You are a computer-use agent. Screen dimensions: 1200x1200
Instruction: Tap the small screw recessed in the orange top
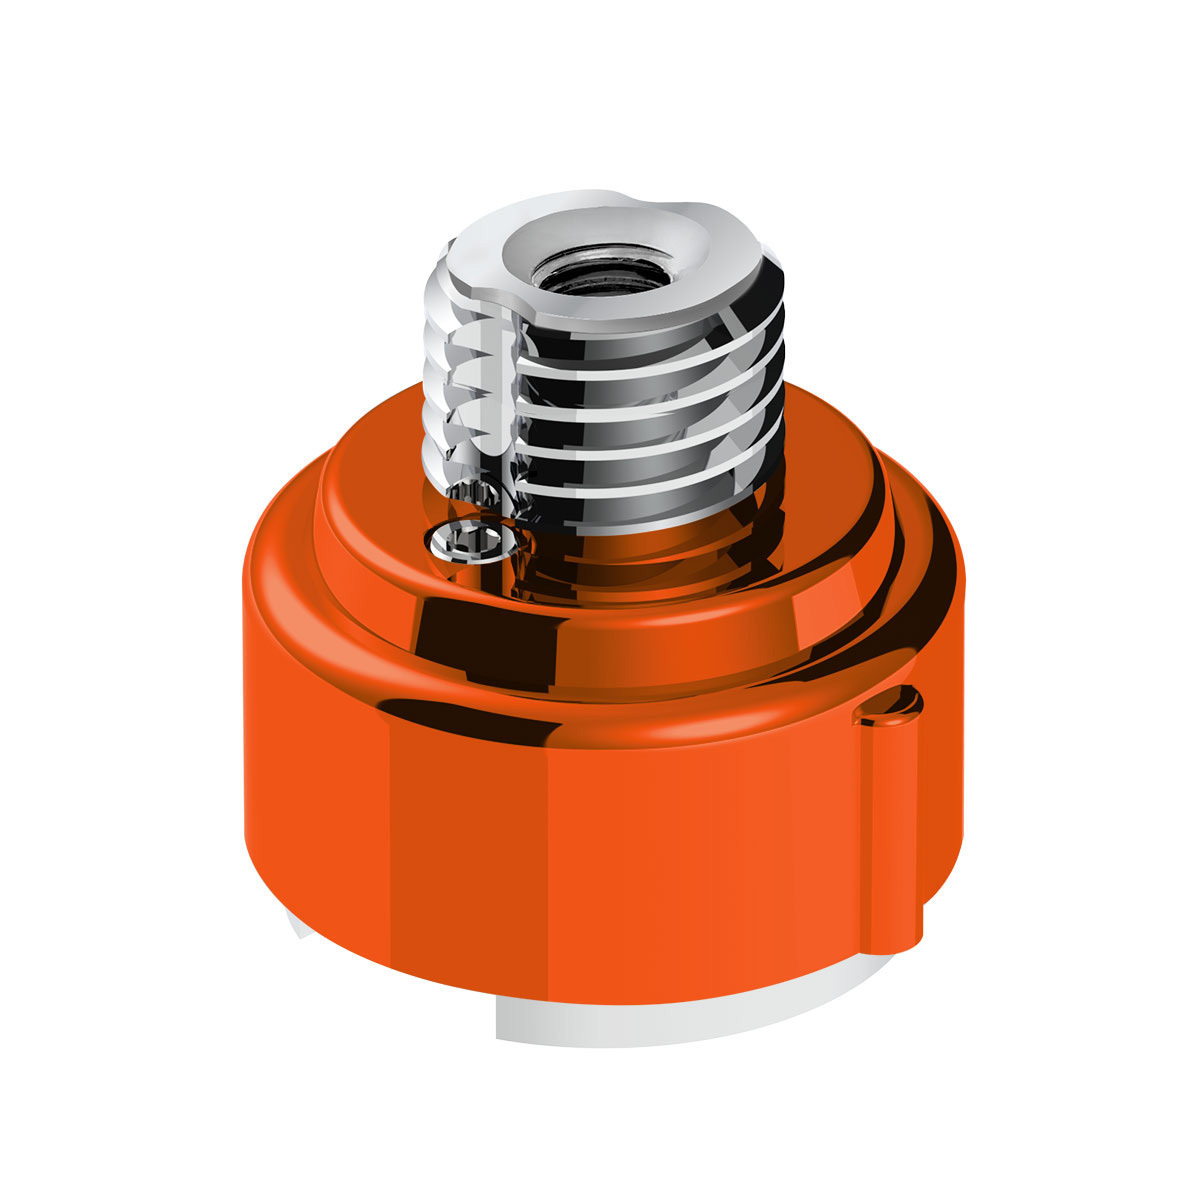coord(473,541)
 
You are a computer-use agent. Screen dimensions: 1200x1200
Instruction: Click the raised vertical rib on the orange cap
coord(890,820)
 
